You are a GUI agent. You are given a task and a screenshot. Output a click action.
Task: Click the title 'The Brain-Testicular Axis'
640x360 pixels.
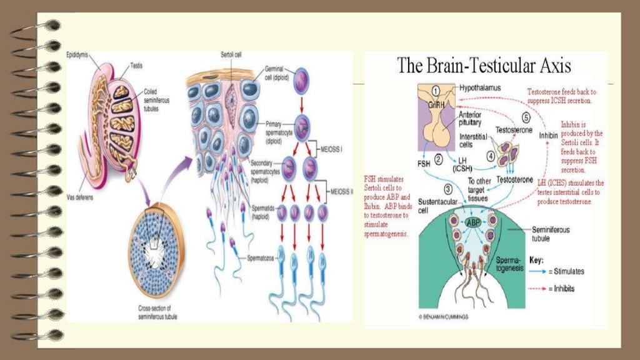point(484,66)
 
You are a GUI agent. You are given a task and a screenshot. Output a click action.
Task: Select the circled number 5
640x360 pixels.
point(526,117)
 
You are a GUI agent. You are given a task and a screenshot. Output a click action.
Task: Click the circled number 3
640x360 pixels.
point(448,189)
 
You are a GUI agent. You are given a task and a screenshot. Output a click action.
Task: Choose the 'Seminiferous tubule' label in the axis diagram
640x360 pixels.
point(550,234)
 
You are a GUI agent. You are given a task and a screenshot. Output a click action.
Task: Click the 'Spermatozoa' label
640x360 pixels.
point(261,257)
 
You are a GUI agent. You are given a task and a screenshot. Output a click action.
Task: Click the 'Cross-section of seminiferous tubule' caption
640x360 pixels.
point(157,312)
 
